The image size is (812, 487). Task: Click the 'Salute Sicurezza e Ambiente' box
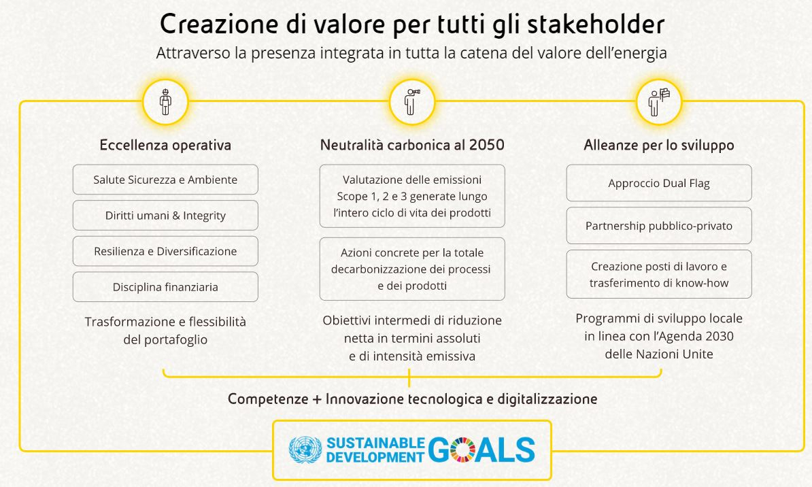tap(165, 180)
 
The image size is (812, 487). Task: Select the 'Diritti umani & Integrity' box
tap(165, 216)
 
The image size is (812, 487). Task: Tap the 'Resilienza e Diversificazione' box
tap(165, 251)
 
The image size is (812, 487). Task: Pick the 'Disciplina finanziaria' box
tap(165, 287)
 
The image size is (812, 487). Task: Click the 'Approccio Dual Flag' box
tap(659, 183)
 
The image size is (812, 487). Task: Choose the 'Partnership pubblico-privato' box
tap(659, 225)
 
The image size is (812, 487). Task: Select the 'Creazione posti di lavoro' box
tap(659, 274)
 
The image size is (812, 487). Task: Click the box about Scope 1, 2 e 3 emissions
tap(412, 196)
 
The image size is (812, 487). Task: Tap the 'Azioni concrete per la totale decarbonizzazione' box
tap(412, 269)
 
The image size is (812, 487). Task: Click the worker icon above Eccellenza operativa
tap(165, 102)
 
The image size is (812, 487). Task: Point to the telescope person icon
tap(412, 102)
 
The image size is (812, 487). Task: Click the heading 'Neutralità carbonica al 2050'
tap(412, 145)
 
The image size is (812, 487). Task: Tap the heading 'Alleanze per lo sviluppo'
tap(659, 145)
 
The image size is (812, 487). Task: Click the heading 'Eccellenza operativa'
tap(165, 145)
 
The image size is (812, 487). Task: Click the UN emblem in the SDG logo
tap(305, 449)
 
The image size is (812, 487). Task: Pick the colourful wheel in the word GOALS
tap(462, 449)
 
